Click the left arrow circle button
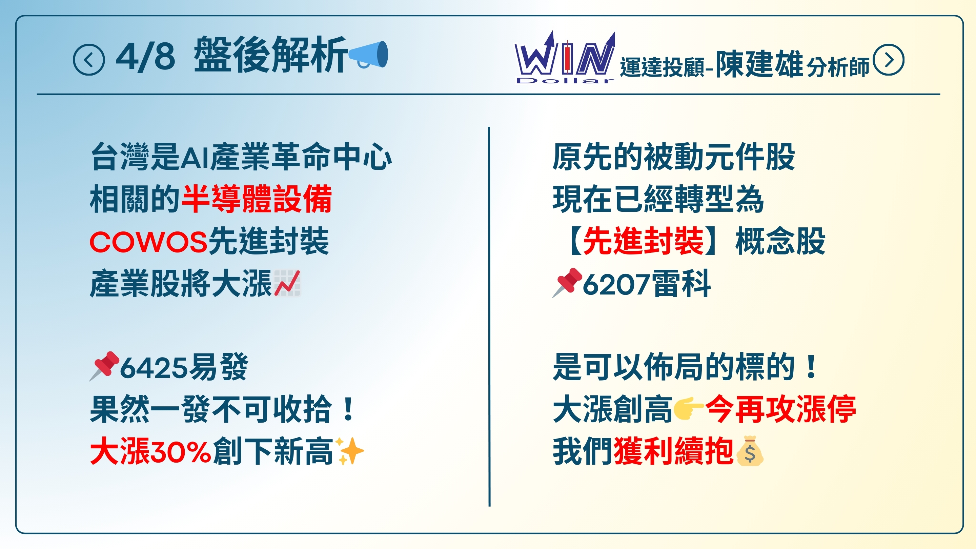point(89,60)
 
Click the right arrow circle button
point(888,60)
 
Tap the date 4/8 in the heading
point(145,58)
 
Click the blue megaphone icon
point(368,55)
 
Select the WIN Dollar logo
point(565,58)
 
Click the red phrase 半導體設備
point(257,199)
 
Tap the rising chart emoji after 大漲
point(287,283)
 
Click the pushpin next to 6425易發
point(104,366)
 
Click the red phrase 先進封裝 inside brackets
point(643,241)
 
